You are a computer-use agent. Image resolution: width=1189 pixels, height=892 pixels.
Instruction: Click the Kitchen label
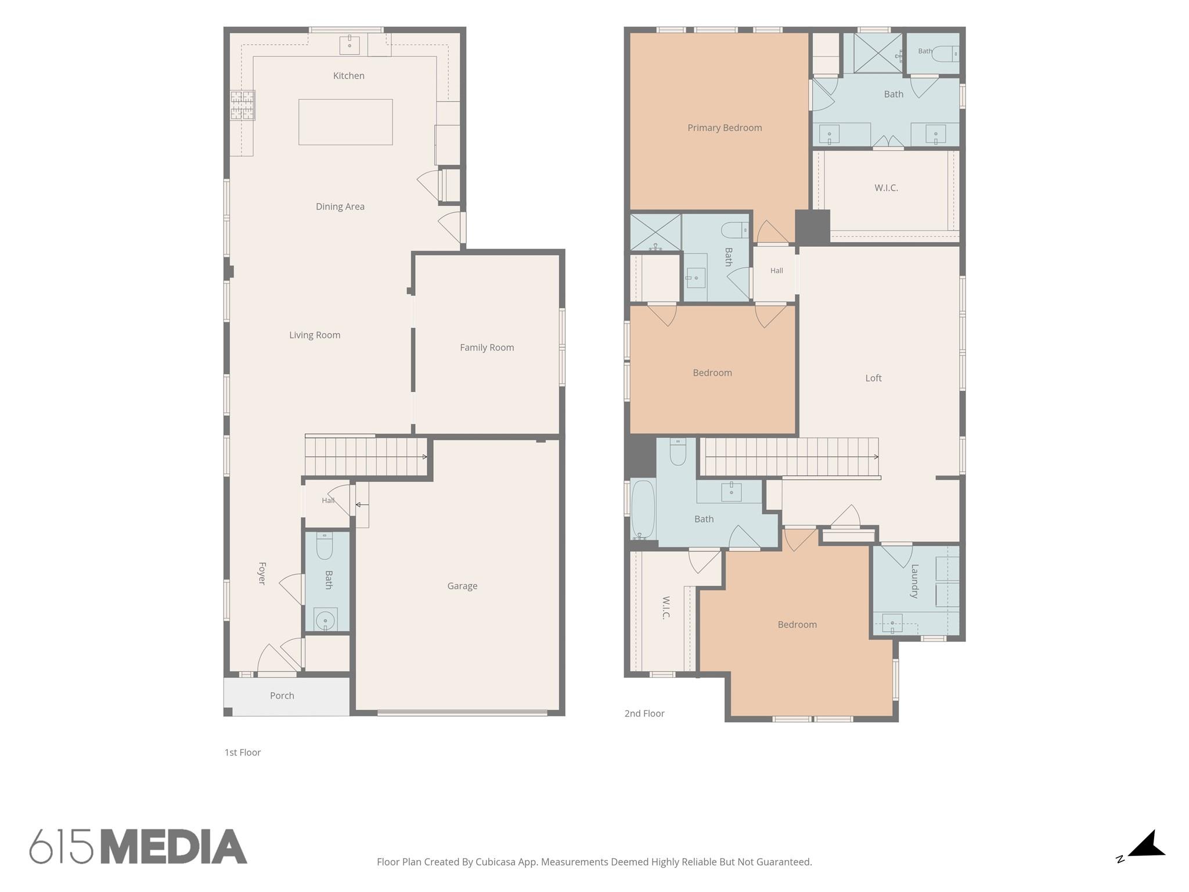[349, 75]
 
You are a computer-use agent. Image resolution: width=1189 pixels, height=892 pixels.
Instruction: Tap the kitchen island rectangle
[345, 122]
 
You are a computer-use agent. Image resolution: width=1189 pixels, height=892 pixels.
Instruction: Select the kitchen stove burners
[243, 105]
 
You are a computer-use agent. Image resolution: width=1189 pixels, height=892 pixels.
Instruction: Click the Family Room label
[487, 347]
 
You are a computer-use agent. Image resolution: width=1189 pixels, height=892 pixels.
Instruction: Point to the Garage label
[462, 586]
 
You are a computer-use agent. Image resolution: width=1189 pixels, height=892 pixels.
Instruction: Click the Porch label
[282, 696]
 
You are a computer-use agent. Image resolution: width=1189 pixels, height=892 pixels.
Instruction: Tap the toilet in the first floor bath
[325, 546]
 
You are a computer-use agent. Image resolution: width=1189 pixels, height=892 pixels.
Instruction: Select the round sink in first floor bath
[325, 620]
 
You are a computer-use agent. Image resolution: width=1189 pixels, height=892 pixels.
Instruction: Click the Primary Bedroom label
[725, 128]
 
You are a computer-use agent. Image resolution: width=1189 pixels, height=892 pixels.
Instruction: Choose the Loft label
[873, 378]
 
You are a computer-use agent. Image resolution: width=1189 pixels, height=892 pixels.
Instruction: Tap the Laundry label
[914, 581]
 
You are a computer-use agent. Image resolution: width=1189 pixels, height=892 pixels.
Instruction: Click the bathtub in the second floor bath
[643, 509]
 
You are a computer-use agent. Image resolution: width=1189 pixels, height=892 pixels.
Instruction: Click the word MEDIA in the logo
[174, 847]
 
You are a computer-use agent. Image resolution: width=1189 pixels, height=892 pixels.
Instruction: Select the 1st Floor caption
[243, 753]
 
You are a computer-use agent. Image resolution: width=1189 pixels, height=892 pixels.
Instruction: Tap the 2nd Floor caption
[644, 714]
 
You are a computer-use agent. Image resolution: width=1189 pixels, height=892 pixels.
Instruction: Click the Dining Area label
[340, 207]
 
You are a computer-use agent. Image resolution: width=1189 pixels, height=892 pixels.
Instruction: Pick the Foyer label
[262, 573]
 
